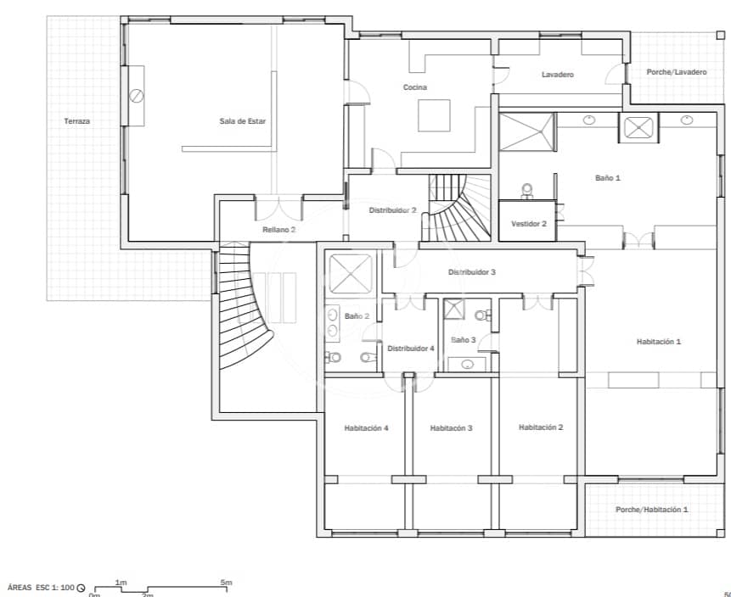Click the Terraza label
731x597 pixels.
pos(76,121)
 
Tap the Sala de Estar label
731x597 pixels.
pos(242,121)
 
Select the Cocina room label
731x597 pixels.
pos(414,87)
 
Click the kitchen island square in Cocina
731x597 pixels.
pos(434,115)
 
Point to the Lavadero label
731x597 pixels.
pos(557,75)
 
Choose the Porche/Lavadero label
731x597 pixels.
pos(676,72)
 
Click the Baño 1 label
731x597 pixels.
pos(607,178)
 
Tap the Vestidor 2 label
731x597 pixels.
pos(529,224)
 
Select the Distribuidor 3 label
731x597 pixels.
pos(471,272)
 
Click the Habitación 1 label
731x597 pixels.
pos(659,342)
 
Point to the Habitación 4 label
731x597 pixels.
pos(366,428)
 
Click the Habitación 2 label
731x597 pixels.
pos(541,427)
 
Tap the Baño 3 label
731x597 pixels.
pos(463,340)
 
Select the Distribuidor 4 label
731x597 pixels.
pos(411,349)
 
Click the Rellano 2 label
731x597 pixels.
pos(278,230)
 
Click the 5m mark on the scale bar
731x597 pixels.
pos(226,583)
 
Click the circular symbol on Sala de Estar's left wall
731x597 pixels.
pos(136,96)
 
